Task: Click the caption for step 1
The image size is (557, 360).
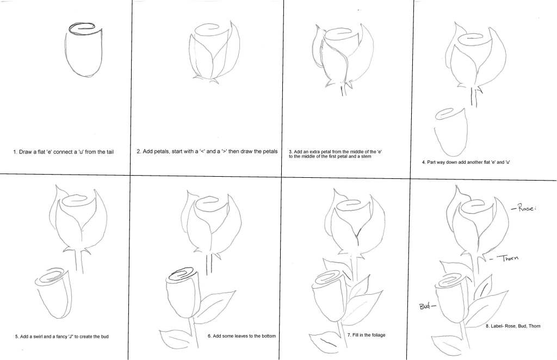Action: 64,152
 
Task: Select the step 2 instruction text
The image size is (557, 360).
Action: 207,151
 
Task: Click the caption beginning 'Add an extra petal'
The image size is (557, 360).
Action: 335,154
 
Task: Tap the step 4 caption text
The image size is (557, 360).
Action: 466,162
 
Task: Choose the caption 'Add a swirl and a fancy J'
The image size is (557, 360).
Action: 62,336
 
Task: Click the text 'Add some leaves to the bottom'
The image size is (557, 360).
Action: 242,336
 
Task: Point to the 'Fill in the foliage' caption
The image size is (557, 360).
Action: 366,335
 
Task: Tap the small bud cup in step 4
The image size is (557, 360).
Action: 450,132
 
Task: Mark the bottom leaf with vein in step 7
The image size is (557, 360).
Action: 327,342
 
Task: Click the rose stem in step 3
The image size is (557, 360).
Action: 344,90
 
